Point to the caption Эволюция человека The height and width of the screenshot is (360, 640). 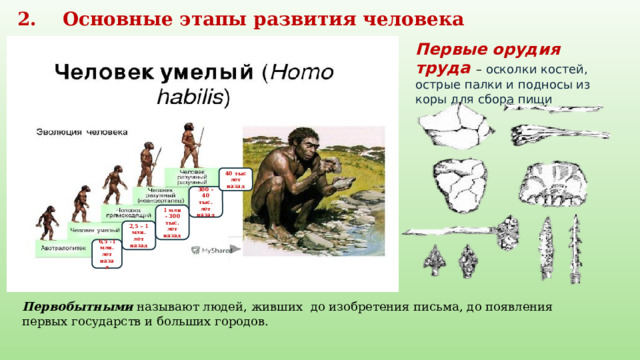click(83, 131)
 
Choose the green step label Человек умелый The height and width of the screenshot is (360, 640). click(95, 230)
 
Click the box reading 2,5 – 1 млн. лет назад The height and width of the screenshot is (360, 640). click(139, 236)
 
